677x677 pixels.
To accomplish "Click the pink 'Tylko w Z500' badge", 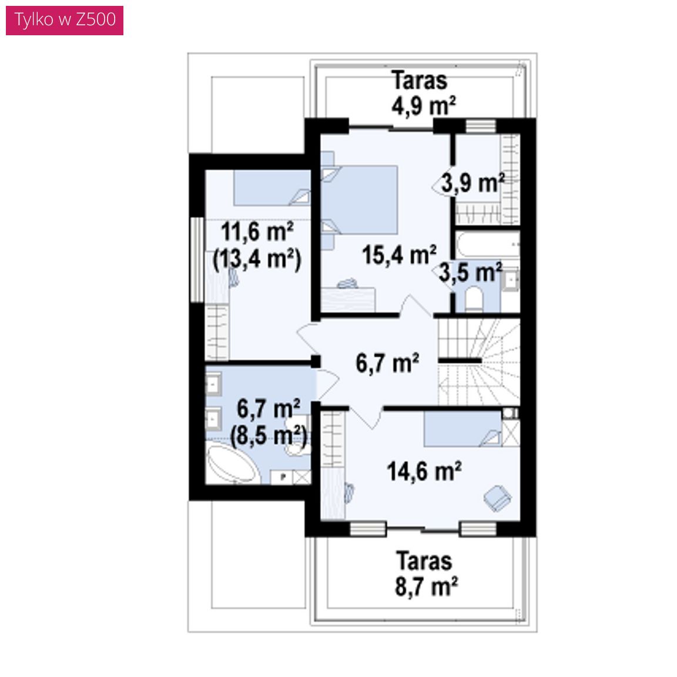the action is click(x=65, y=21).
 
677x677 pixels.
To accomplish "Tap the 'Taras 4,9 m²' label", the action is click(x=423, y=93).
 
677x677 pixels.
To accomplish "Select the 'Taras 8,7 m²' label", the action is click(x=425, y=574).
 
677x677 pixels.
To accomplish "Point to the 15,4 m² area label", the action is click(x=399, y=254).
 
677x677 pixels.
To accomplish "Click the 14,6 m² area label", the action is click(x=424, y=471).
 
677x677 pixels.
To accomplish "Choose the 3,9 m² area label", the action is click(x=472, y=183).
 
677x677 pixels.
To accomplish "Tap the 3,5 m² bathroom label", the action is click(x=471, y=273).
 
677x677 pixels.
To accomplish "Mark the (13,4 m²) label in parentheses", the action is click(x=257, y=260).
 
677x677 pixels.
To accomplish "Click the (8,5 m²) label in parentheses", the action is click(x=269, y=436).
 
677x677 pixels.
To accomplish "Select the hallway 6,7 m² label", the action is click(x=387, y=363).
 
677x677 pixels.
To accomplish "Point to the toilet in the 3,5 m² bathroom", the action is click(x=474, y=299).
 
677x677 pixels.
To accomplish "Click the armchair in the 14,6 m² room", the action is click(x=497, y=498).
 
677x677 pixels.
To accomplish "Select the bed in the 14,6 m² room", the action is click(x=462, y=429).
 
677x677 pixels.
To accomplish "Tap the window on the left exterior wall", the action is click(x=197, y=260).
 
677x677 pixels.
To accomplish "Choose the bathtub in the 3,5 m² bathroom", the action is click(x=488, y=245).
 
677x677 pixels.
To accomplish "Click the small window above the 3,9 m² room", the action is click(x=481, y=126).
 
